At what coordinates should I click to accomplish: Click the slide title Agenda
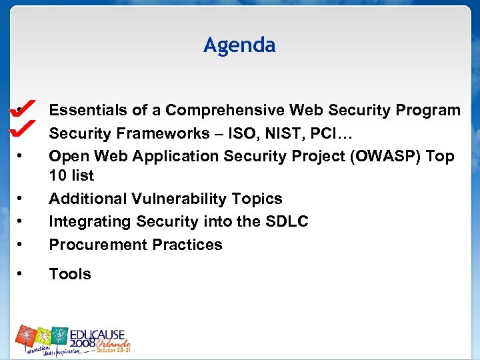coord(239,45)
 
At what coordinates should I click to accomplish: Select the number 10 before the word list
coord(57,176)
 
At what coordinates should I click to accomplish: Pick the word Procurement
coord(92,245)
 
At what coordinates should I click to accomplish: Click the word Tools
coord(70,274)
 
